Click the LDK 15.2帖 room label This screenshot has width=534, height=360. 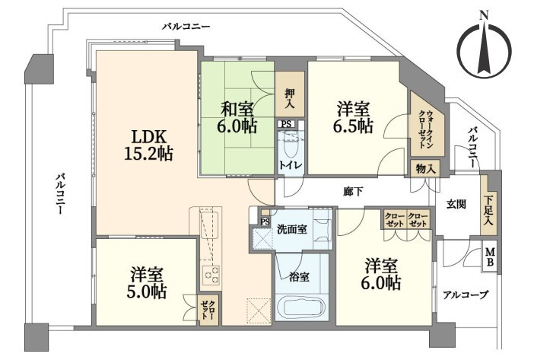(148, 145)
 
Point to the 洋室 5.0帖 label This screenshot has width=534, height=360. (147, 283)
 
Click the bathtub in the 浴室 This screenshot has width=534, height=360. (300, 307)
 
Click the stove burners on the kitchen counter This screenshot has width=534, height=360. (211, 275)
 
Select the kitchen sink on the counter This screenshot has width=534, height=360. (209, 225)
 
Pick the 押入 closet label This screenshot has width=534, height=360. (290, 98)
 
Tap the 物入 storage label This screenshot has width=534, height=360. (425, 169)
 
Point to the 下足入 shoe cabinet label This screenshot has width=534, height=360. (488, 212)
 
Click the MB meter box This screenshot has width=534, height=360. (491, 257)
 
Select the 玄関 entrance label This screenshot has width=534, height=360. (456, 204)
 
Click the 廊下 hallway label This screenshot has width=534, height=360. (353, 192)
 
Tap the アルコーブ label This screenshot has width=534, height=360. (466, 295)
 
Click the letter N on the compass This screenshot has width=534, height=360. (483, 16)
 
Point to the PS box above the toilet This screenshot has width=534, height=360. (287, 124)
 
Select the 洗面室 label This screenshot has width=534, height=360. (292, 229)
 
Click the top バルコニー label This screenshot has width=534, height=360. (186, 26)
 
